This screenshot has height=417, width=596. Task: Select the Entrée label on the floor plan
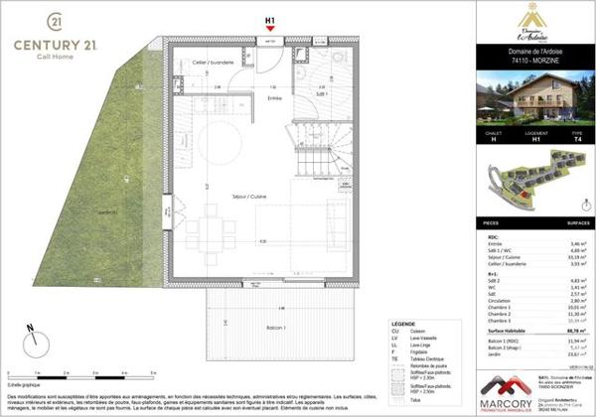(x=274, y=97)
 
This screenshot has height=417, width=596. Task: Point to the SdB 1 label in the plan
(x=322, y=91)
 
